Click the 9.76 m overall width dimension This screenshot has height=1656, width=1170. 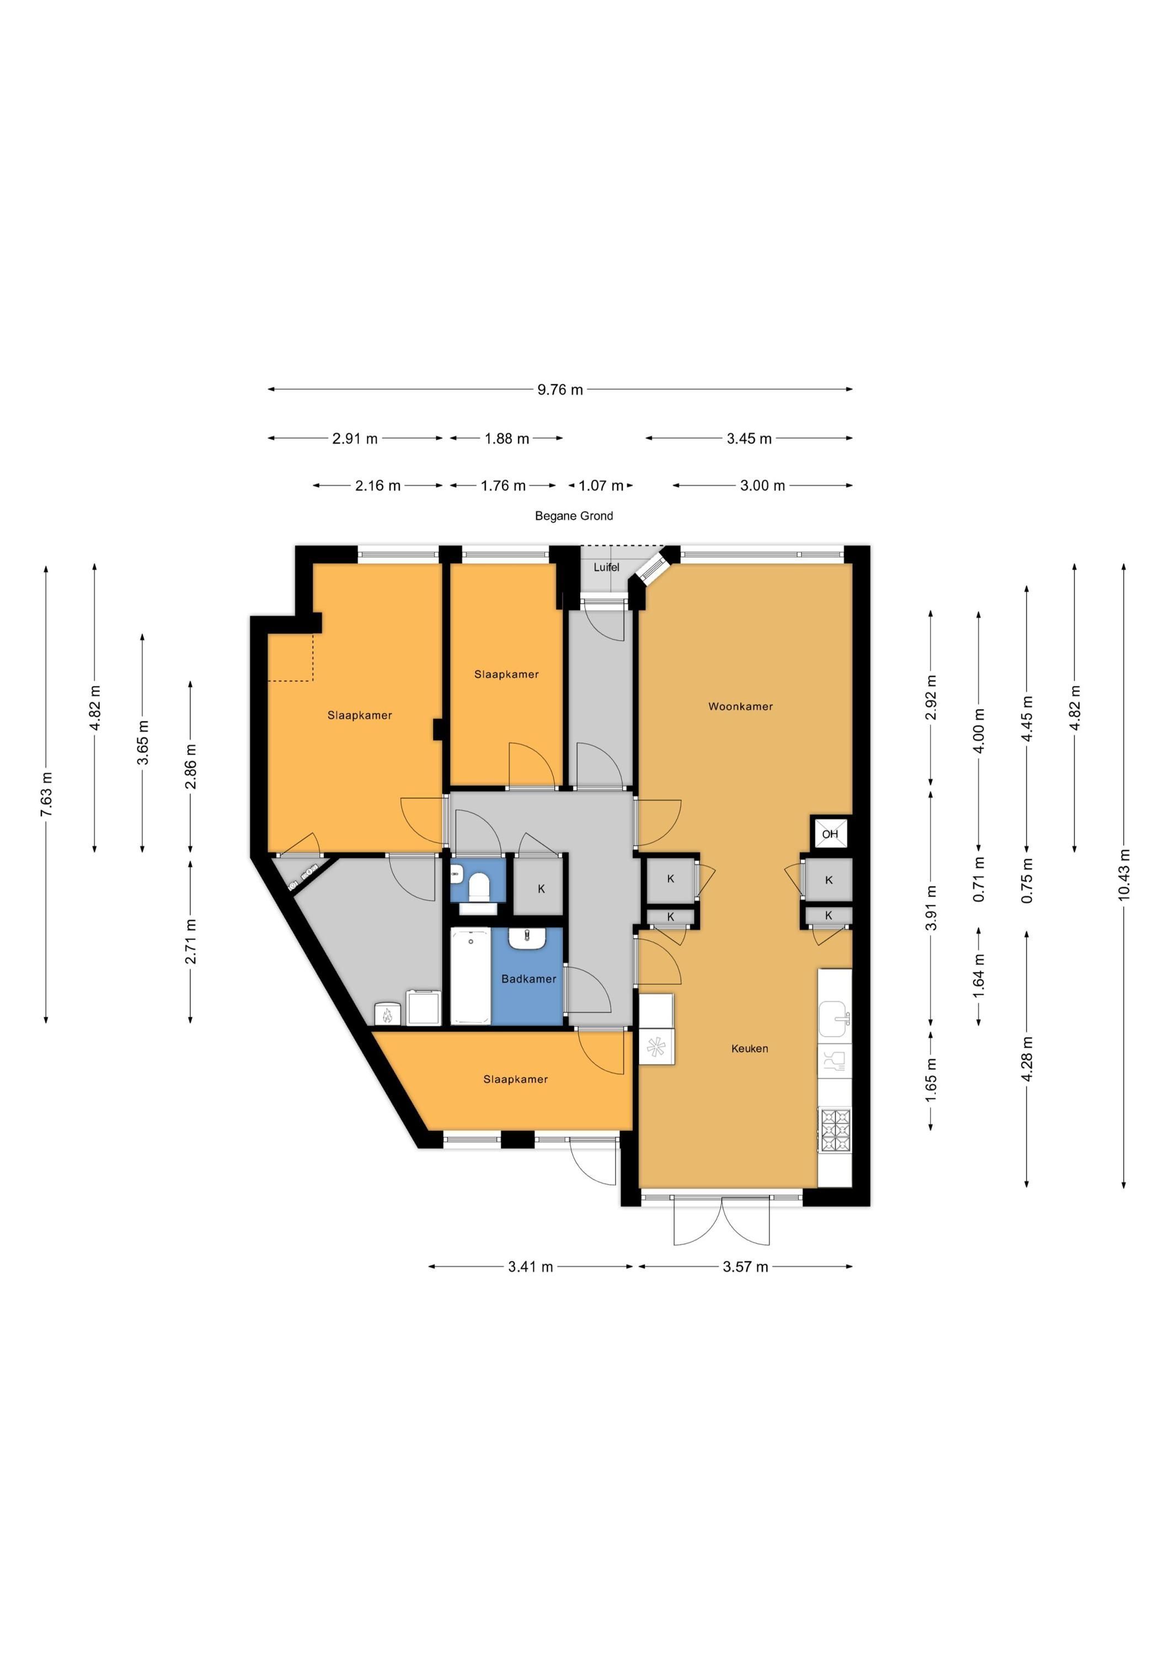coord(560,390)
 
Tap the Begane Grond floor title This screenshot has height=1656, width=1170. coord(574,516)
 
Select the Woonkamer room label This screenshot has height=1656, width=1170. coord(740,706)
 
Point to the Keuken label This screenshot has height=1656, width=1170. coord(750,1048)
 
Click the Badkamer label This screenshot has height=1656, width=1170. coord(529,979)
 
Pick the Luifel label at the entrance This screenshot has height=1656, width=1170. coord(606,567)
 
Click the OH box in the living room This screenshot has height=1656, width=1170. coord(830,834)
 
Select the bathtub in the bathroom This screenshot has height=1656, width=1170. coord(471,975)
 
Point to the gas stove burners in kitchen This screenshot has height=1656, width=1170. coord(835,1129)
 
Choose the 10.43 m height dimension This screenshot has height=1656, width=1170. coord(1123,875)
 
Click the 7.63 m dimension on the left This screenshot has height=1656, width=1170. coord(46,794)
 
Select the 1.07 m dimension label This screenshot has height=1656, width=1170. coord(601,485)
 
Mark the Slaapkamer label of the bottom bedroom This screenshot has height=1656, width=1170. coord(515,1079)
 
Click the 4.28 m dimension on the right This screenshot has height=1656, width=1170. coord(1027,1058)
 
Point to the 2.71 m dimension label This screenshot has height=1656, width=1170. coord(191,941)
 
